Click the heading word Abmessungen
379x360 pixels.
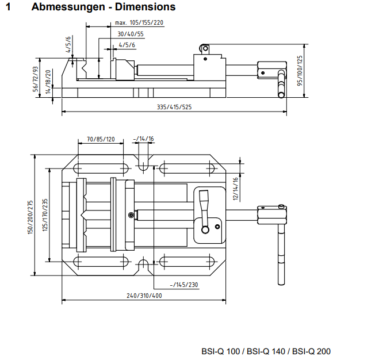click(67, 7)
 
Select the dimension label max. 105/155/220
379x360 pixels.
click(139, 23)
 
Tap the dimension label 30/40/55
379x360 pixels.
click(127, 34)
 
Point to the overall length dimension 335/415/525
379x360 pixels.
click(174, 108)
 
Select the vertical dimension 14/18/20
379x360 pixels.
click(48, 81)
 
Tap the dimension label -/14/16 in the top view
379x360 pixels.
click(143, 139)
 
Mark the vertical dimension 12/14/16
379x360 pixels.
click(235, 188)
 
